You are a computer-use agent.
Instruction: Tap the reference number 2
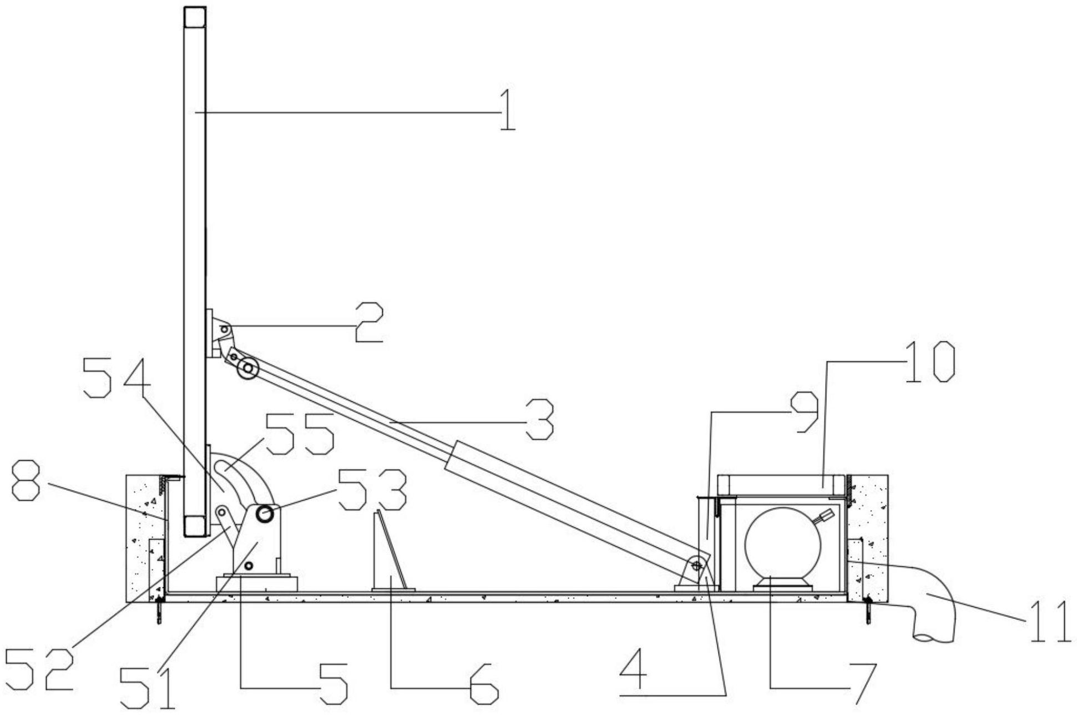pyautogui.click(x=368, y=322)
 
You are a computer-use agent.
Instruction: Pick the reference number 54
pyautogui.click(x=117, y=377)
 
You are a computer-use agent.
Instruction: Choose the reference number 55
pyautogui.click(x=300, y=433)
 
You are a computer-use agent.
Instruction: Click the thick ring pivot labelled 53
pyautogui.click(x=265, y=515)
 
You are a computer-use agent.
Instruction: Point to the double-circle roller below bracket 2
pyautogui.click(x=247, y=369)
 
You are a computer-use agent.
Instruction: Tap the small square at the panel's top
pyautogui.click(x=195, y=17)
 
